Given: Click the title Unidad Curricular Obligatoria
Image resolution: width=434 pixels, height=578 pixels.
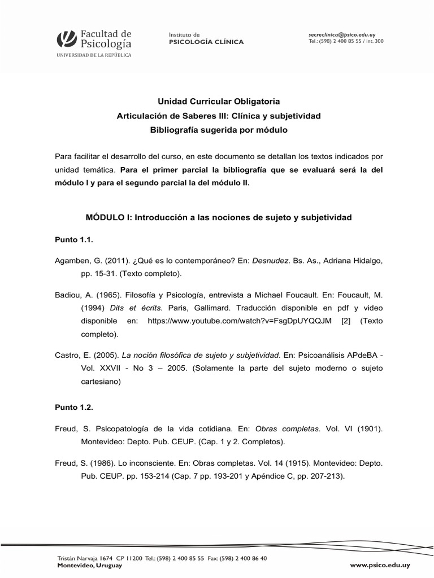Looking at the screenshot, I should pyautogui.click(x=218, y=102).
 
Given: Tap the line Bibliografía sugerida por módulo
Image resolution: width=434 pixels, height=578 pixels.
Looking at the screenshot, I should pyautogui.click(x=218, y=130).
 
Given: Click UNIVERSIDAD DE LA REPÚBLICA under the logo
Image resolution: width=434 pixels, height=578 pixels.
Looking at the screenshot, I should pyautogui.click(x=93, y=55).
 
